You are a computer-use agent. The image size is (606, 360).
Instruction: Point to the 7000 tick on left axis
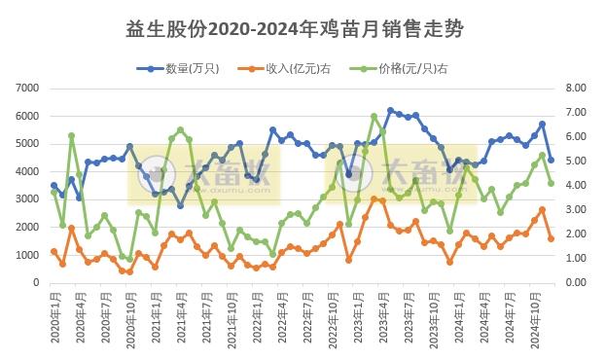click(x=24, y=88)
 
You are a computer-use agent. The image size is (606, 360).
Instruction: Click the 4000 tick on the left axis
click(x=24, y=171)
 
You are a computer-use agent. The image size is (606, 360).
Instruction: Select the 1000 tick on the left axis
click(x=24, y=255)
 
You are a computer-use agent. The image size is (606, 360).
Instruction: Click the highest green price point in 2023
click(x=374, y=117)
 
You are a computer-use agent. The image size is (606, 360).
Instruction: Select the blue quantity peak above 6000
click(x=390, y=111)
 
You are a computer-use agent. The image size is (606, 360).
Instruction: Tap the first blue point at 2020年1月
click(x=53, y=185)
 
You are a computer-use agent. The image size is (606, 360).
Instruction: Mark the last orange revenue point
click(x=551, y=238)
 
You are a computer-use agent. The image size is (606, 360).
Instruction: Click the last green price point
click(x=551, y=183)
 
